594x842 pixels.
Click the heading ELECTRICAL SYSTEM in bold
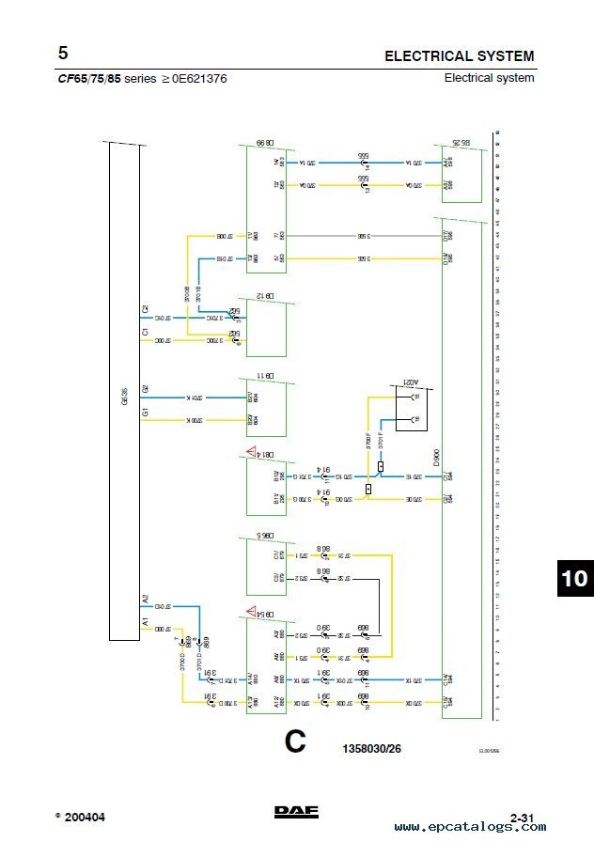coord(459,56)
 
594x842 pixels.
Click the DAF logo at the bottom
coord(295,815)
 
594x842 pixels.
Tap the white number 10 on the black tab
coord(573,579)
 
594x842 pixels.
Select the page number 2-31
coord(522,818)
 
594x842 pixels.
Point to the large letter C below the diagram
coord(295,742)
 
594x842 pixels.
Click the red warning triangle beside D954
coord(252,612)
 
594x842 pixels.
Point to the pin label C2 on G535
coord(145,308)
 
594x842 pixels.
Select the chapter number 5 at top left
coord(62,54)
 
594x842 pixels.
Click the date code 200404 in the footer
coord(85,818)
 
